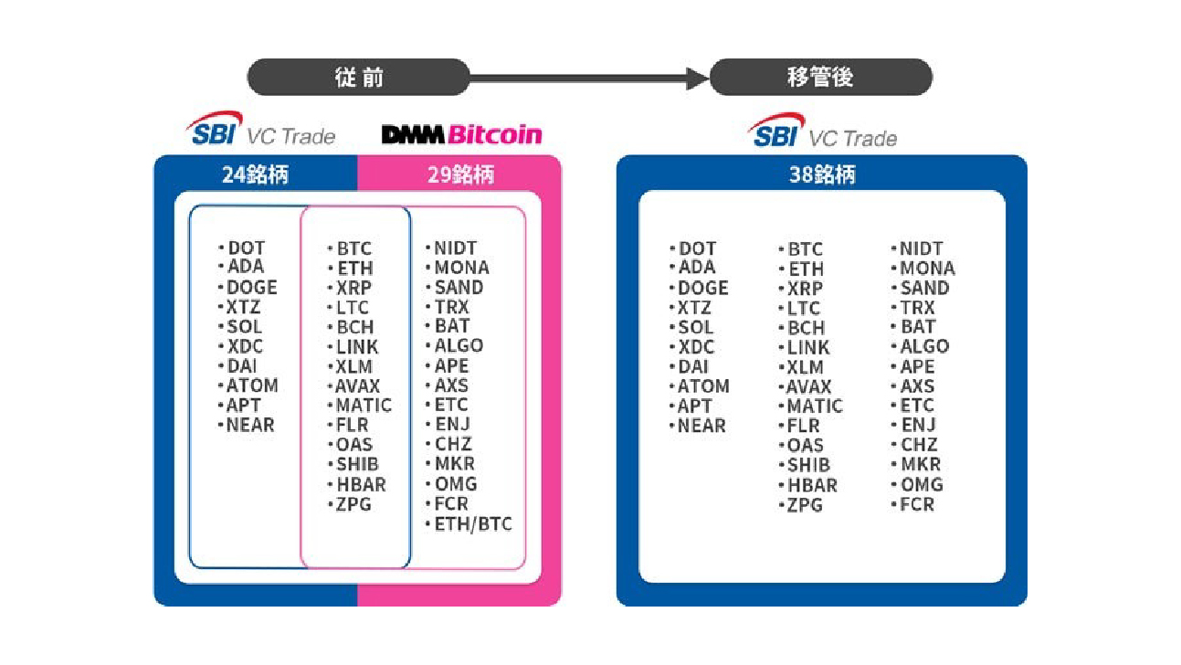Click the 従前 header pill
tap(359, 77)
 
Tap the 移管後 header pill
tap(821, 77)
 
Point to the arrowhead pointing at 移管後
tap(698, 79)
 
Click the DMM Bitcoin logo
tap(461, 134)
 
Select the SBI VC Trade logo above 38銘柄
tap(822, 131)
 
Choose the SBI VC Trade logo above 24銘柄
tap(260, 129)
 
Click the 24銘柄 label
tap(255, 174)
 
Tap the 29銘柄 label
tap(461, 174)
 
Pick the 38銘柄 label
tap(822, 174)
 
